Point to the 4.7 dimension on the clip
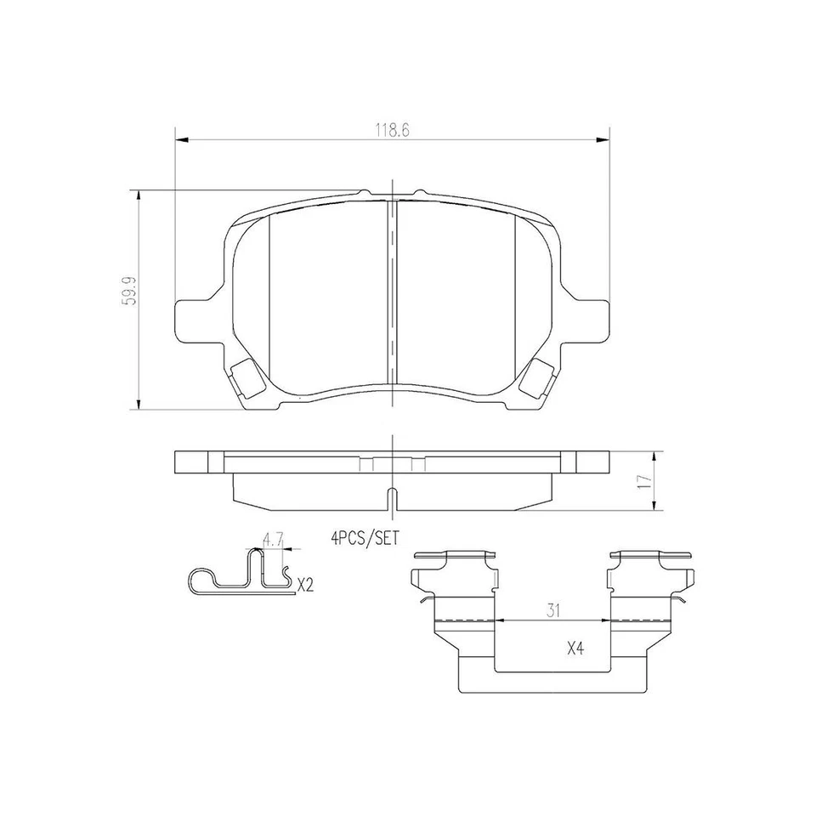click(x=271, y=538)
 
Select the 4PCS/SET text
click(x=365, y=536)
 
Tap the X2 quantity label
click(x=305, y=584)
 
